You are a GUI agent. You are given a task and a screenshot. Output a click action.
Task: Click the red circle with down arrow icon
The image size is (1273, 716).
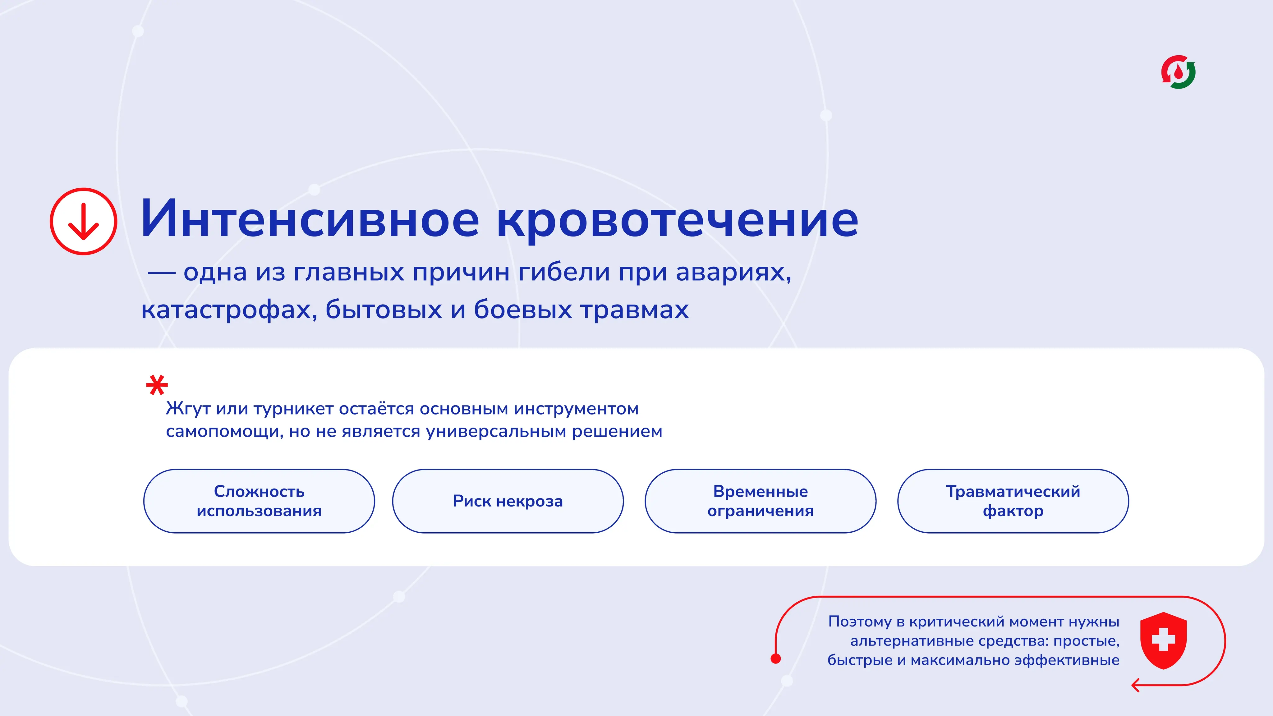click(84, 221)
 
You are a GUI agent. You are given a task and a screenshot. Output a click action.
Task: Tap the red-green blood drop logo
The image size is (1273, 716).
click(1178, 72)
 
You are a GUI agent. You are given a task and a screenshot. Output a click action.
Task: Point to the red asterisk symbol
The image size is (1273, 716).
click(157, 385)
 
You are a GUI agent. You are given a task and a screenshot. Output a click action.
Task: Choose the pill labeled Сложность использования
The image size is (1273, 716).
click(259, 501)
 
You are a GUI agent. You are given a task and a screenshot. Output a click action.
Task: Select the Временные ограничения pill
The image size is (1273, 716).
click(761, 501)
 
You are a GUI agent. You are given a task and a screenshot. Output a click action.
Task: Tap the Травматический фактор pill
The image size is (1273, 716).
click(1013, 501)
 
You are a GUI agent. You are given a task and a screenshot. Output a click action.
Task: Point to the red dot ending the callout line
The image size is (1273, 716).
click(776, 658)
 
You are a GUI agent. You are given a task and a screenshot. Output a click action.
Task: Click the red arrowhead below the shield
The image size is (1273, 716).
click(1136, 685)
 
